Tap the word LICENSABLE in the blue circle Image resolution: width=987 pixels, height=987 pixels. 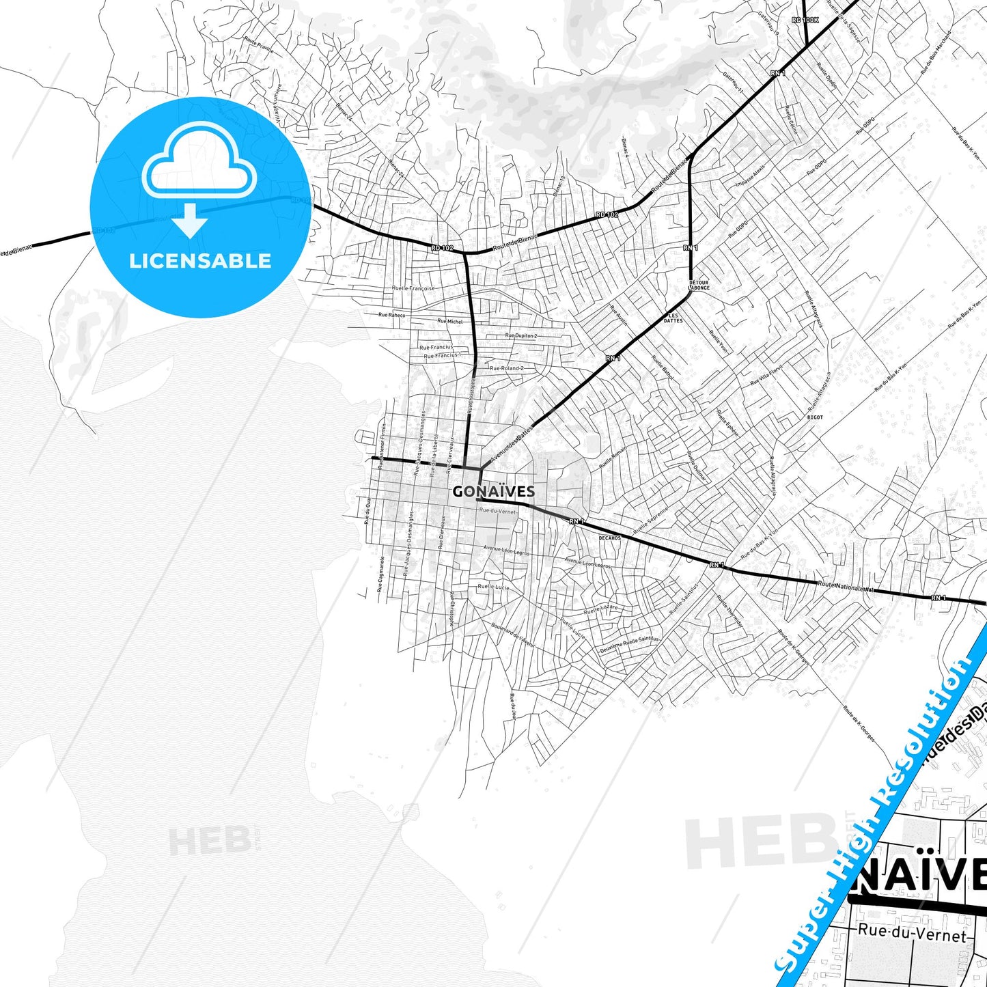(x=200, y=261)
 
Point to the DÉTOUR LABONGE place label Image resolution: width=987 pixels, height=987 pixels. (x=699, y=285)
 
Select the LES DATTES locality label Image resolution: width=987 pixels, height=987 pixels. (x=673, y=318)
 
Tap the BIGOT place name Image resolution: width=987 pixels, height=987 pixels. (x=815, y=417)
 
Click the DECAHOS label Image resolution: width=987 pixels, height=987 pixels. (x=609, y=538)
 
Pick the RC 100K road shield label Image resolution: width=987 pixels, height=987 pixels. (x=805, y=20)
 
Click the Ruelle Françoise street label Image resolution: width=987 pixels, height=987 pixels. (x=413, y=288)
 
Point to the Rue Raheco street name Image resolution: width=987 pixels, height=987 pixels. (x=391, y=315)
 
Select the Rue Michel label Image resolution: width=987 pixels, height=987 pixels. (x=449, y=321)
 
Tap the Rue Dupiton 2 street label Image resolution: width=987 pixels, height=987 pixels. (x=521, y=335)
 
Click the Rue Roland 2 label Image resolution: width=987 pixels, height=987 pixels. (x=507, y=368)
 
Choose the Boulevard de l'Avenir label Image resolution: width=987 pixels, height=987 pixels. (x=510, y=633)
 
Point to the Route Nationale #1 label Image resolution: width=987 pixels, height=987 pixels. (x=846, y=586)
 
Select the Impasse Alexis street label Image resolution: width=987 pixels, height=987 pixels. (x=750, y=176)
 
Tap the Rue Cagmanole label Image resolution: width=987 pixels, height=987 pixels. (x=380, y=573)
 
